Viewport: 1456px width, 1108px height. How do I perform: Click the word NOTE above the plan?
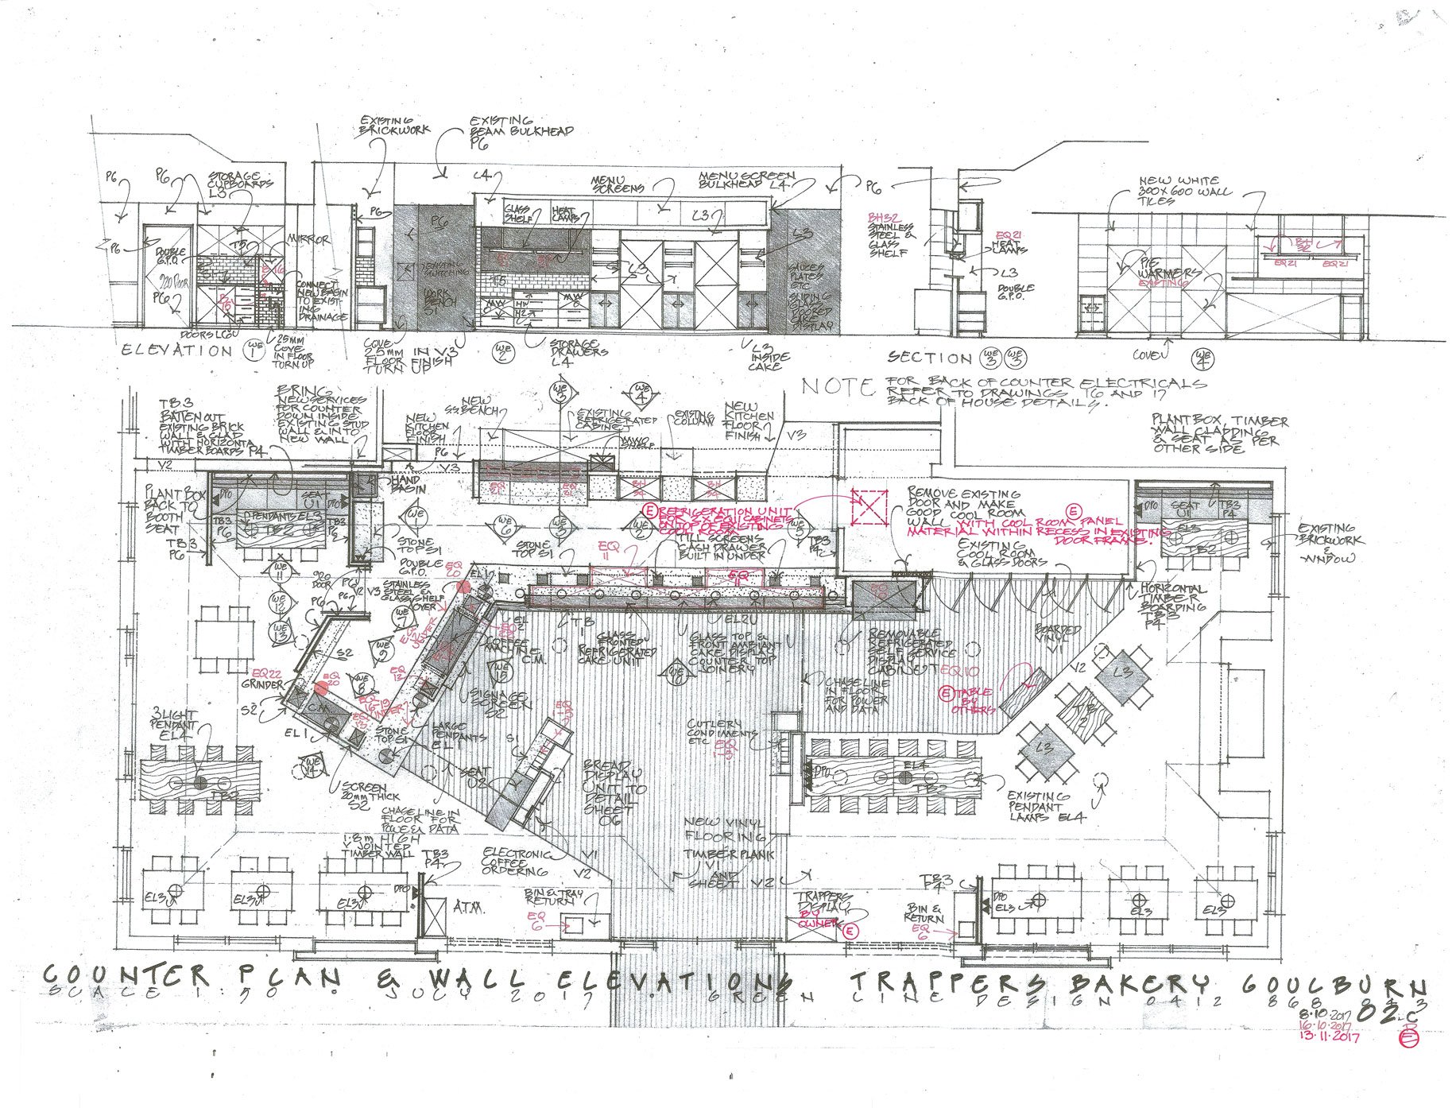pos(837,387)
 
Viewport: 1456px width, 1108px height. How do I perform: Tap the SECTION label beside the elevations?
pos(929,358)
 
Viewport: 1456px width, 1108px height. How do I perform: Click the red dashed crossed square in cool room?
pos(869,506)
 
